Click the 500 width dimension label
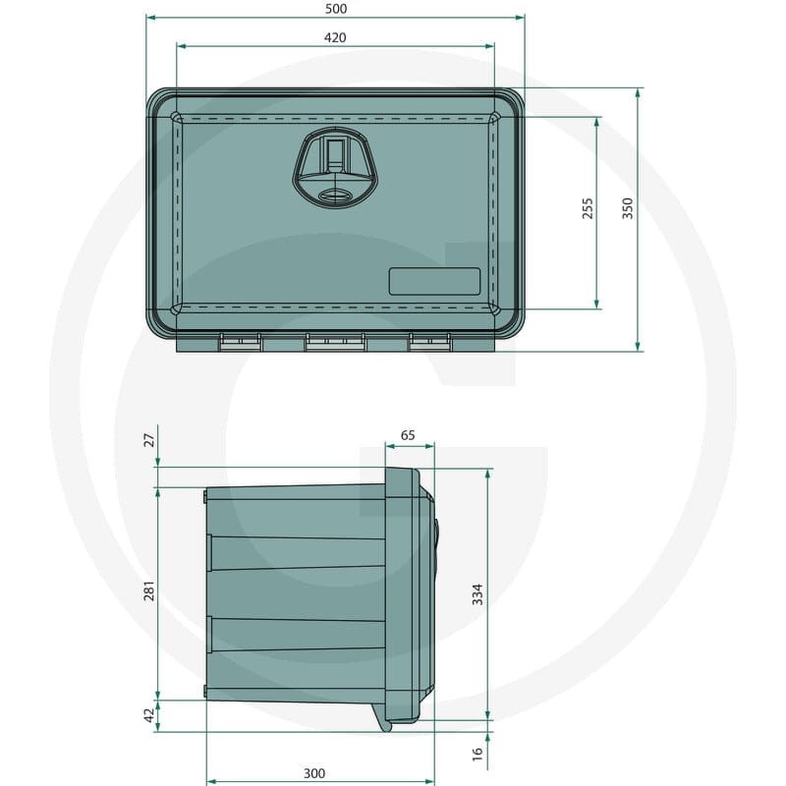pyautogui.click(x=335, y=9)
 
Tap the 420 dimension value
pyautogui.click(x=335, y=37)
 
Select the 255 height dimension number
pyautogui.click(x=588, y=208)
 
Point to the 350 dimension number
pyautogui.click(x=628, y=208)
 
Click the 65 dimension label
pyautogui.click(x=408, y=435)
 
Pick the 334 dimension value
pyautogui.click(x=477, y=594)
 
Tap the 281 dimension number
pyautogui.click(x=149, y=591)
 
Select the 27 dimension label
pyautogui.click(x=150, y=440)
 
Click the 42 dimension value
pyautogui.click(x=150, y=715)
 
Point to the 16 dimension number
pyautogui.click(x=477, y=753)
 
